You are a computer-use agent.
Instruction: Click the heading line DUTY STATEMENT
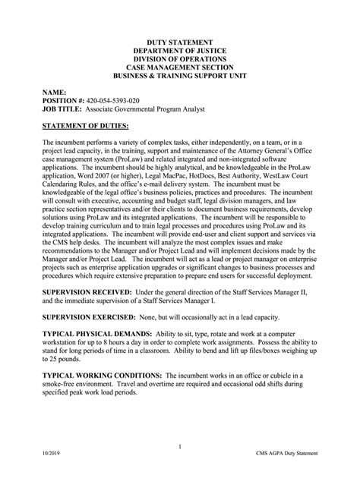pyautogui.click(x=180, y=43)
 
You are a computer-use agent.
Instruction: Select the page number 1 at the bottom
pyautogui.click(x=180, y=447)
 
